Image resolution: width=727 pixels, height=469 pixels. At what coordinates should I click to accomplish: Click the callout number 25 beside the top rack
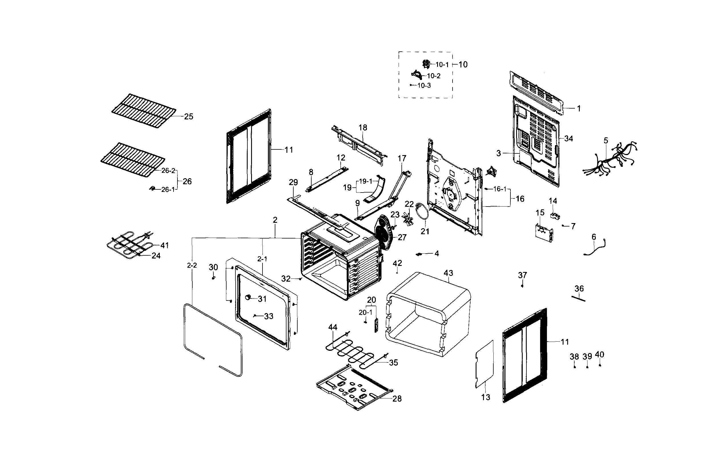[x=189, y=117]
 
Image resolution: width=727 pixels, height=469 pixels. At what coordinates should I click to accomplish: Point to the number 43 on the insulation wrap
[x=448, y=273]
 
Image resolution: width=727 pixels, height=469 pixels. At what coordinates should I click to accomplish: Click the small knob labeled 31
[x=248, y=297]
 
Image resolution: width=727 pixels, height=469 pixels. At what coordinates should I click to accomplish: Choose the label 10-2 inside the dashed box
[x=433, y=76]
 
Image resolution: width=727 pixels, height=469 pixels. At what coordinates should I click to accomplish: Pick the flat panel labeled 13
[x=484, y=364]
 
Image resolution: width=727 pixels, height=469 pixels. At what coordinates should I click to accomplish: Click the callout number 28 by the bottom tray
[x=397, y=399]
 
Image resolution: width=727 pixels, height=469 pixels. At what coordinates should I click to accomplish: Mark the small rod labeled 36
[x=578, y=298]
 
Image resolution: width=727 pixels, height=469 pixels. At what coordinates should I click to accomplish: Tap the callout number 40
[x=599, y=354]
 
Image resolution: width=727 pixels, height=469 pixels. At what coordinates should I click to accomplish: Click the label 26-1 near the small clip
[x=167, y=190]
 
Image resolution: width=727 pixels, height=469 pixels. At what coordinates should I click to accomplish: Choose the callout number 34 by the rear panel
[x=568, y=139]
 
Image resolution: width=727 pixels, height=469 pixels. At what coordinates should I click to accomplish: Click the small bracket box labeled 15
[x=544, y=233]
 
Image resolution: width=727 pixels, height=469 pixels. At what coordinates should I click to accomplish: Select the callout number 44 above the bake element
[x=333, y=327]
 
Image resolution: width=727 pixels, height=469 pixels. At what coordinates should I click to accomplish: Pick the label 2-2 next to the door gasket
[x=192, y=266]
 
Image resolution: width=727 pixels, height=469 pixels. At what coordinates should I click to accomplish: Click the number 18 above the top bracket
[x=363, y=128]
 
